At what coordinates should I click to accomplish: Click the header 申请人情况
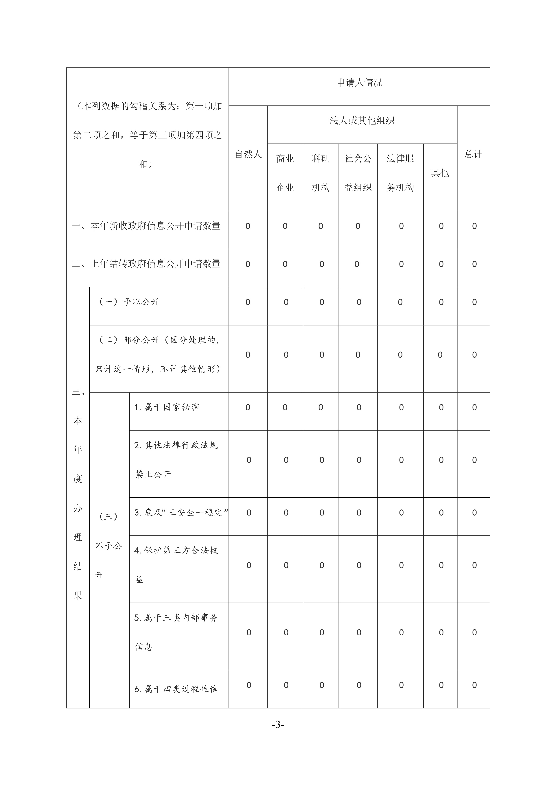[359, 83]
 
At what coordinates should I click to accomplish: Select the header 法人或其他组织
[362, 121]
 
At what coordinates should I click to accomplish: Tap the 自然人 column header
[248, 155]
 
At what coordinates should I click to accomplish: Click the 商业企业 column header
[285, 173]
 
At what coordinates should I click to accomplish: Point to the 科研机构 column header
[321, 173]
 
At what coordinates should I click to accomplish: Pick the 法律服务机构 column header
[400, 173]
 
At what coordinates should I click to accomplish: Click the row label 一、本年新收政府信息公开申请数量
[146, 226]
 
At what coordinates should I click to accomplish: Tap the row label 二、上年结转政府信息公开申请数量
[146, 264]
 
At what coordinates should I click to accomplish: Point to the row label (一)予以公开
[129, 302]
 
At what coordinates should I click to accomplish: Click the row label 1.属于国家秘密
[167, 407]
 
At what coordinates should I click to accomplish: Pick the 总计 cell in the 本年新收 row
[474, 226]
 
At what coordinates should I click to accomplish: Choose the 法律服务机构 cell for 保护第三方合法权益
[401, 565]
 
